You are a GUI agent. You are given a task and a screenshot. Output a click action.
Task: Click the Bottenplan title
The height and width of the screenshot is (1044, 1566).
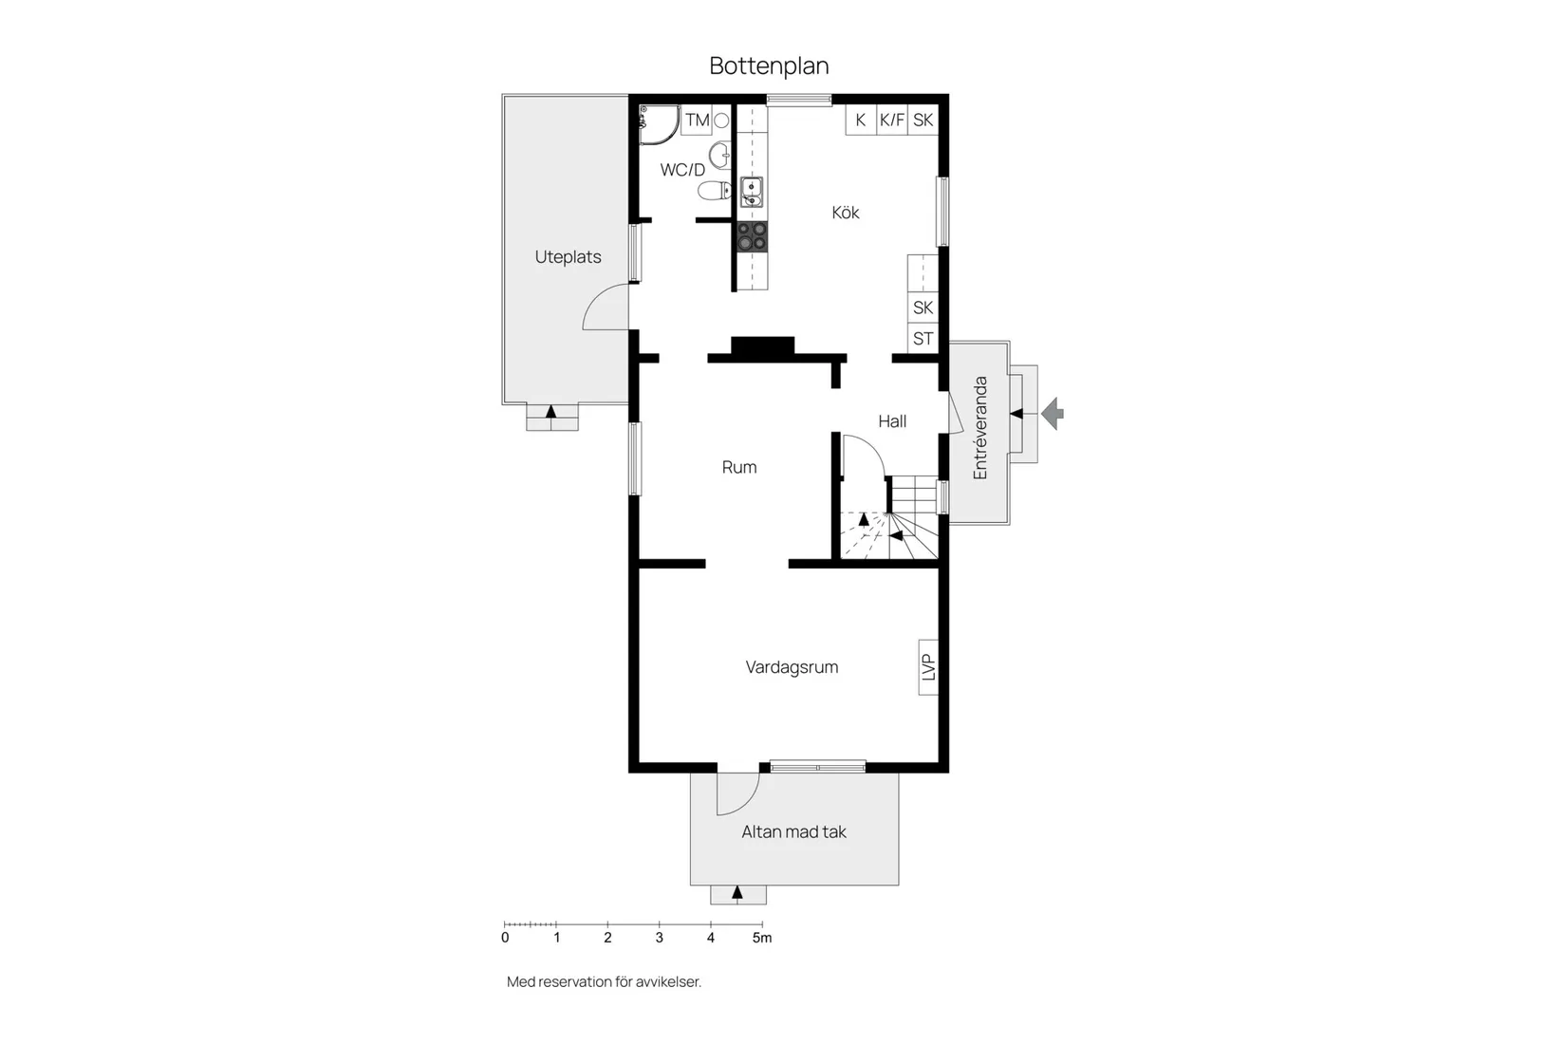[x=769, y=65]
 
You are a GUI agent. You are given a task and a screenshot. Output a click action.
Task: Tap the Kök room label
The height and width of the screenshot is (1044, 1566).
[x=846, y=213]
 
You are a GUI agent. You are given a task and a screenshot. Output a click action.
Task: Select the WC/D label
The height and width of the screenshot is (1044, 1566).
[x=682, y=170]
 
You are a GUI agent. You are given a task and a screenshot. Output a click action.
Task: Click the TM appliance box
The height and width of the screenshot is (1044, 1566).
[x=697, y=121]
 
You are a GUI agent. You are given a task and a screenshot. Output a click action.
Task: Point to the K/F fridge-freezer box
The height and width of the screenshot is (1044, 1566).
[x=892, y=121]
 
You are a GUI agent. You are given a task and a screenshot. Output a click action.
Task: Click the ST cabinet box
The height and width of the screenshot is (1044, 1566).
[x=923, y=339]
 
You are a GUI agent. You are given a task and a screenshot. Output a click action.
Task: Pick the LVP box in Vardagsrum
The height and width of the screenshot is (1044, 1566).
[x=928, y=667]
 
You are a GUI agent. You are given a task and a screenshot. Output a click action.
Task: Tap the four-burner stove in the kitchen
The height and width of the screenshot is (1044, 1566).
[x=753, y=237]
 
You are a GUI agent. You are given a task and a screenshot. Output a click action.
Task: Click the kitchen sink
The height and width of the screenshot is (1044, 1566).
[x=751, y=193]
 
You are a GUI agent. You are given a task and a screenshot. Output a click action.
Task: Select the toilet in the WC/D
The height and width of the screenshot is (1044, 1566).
[x=715, y=191]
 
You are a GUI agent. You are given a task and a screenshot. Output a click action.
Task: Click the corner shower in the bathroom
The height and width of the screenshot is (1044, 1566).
[x=659, y=125]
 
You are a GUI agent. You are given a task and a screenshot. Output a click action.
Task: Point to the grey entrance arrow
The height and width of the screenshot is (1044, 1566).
[x=1053, y=413]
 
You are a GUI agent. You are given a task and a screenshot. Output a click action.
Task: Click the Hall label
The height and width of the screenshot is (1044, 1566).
[x=892, y=421]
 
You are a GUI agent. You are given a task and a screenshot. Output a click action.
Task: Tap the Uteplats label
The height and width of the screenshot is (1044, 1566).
[x=568, y=257]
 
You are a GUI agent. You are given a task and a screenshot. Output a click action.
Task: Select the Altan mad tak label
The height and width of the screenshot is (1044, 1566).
[x=793, y=832]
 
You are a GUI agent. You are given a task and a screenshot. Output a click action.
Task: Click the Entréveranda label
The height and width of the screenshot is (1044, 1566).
[x=980, y=428]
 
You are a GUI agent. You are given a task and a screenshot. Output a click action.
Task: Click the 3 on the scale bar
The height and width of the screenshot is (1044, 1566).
[x=660, y=938]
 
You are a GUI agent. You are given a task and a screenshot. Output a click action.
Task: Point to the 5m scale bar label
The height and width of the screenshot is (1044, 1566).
[x=762, y=938]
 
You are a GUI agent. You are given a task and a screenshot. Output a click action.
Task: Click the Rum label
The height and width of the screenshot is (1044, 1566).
[x=739, y=467]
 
